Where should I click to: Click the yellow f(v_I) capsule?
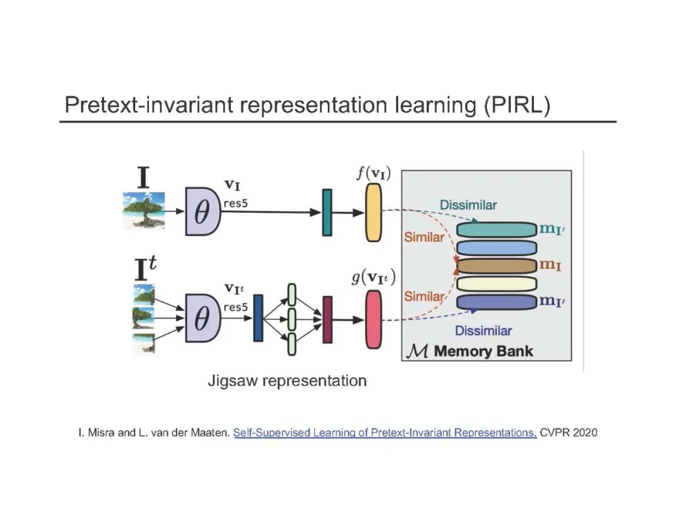tap(373, 213)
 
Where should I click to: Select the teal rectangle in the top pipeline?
tap(327, 213)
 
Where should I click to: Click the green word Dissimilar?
tap(468, 205)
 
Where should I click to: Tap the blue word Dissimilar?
tap(483, 330)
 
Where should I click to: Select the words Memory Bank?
tap(483, 351)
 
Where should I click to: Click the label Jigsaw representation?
tap(287, 381)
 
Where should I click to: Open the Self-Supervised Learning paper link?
tap(385, 432)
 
